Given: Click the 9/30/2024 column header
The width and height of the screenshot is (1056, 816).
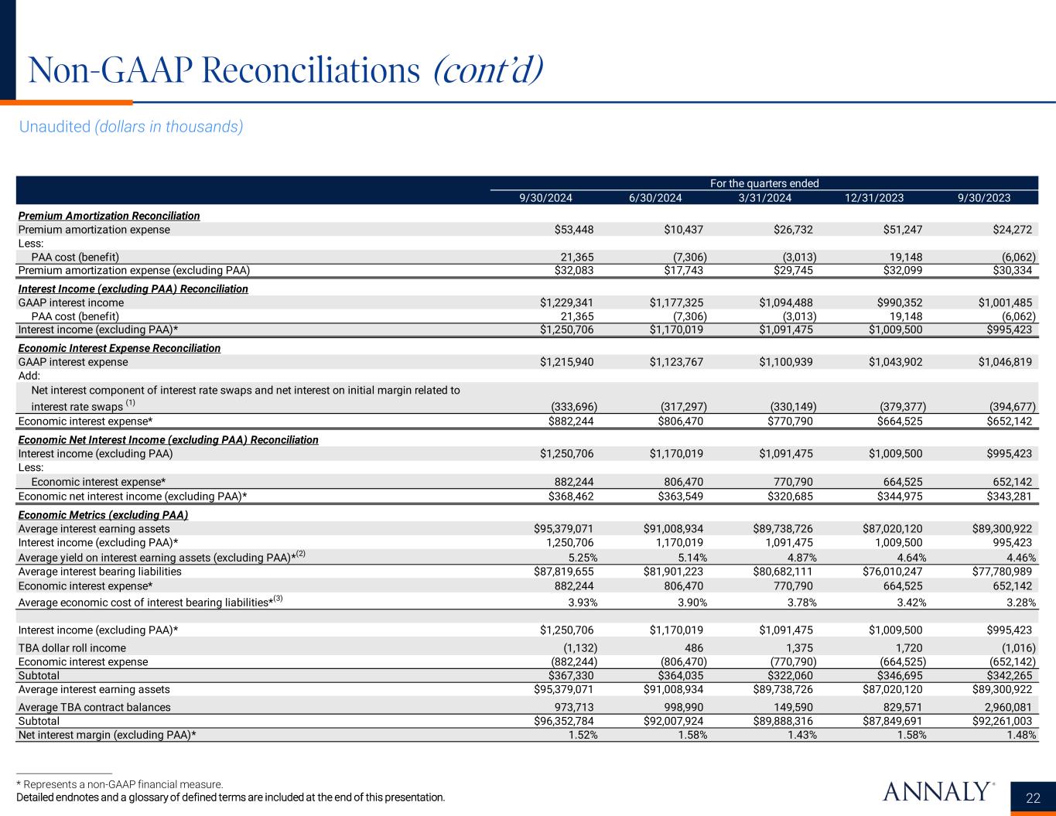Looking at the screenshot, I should (x=545, y=198).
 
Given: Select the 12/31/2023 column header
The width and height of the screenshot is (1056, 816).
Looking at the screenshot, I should (x=874, y=198).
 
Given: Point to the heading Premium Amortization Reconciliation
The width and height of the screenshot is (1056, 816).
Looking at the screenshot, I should (x=108, y=216).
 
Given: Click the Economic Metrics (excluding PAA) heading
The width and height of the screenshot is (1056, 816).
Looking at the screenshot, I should (x=103, y=515).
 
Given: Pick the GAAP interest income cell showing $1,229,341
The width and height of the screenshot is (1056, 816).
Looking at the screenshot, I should (x=567, y=302).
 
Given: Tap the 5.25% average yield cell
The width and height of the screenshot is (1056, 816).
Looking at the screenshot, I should (x=581, y=557).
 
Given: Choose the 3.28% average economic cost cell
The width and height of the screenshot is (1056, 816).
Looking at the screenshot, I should (x=1020, y=603).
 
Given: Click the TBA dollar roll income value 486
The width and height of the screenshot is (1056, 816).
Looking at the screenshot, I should (x=694, y=648).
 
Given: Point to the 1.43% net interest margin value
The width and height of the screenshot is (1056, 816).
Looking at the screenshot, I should (x=800, y=736).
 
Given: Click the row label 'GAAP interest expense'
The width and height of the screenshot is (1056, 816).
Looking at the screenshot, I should (x=73, y=362).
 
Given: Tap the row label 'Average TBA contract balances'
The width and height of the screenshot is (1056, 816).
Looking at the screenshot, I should (x=94, y=707).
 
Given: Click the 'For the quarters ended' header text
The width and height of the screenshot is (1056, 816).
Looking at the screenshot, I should (x=764, y=183).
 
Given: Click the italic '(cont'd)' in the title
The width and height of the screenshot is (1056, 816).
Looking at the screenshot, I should (x=487, y=71).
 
